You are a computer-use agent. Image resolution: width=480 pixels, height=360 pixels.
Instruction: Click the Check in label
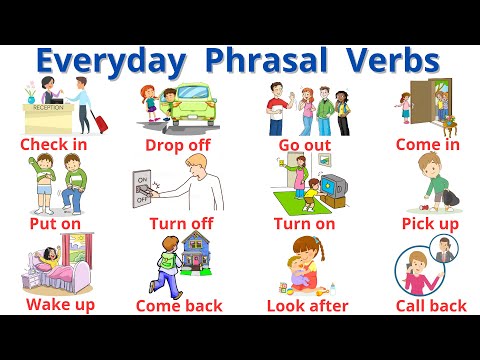[53, 144]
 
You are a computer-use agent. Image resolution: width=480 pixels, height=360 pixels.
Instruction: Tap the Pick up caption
[430, 223]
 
